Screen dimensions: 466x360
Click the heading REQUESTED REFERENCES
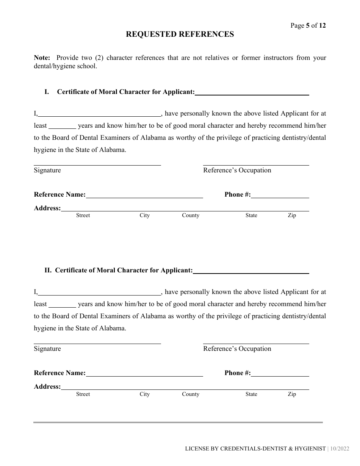180,34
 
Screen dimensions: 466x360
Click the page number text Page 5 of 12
308,26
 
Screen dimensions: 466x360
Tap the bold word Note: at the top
42,58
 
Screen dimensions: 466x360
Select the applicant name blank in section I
252,92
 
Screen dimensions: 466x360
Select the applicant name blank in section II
251,271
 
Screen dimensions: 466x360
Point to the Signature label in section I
47,170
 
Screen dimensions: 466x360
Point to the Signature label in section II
47,349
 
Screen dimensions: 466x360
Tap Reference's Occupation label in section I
237,170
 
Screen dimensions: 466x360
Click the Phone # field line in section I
280,195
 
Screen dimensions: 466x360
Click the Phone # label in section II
238,373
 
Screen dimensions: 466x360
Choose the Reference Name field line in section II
144,374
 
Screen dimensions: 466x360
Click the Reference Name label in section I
60,195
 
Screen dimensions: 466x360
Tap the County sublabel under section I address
191,216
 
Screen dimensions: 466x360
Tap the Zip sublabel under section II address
292,394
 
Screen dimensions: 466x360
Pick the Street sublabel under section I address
83,216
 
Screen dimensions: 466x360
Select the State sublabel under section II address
251,394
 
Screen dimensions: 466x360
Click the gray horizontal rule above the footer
178,422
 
